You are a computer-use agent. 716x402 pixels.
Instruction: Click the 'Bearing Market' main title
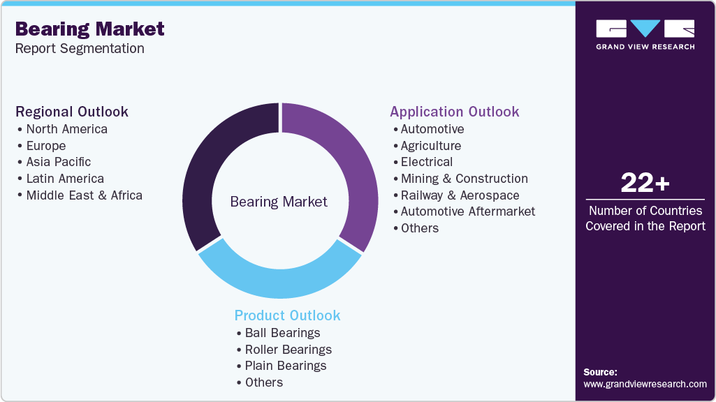(90, 29)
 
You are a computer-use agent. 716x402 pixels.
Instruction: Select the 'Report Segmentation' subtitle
(80, 49)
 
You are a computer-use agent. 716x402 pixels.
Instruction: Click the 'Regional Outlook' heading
(72, 112)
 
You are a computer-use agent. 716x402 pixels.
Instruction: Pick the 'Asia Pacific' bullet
(59, 162)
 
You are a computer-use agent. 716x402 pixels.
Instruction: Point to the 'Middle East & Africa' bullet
(84, 195)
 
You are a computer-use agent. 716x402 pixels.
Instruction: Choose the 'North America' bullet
(66, 129)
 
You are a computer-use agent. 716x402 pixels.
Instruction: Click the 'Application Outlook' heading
(454, 112)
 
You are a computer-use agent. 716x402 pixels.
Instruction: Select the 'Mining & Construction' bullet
(464, 179)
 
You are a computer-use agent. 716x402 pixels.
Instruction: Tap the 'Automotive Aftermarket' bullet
(467, 211)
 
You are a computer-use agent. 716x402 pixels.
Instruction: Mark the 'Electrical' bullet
(426, 162)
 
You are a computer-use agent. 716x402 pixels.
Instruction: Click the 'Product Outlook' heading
(287, 315)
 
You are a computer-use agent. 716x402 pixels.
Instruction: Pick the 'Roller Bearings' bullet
(288, 349)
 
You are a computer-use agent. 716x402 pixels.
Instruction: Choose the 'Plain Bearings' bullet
(285, 366)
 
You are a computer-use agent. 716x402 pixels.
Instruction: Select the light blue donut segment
(279, 276)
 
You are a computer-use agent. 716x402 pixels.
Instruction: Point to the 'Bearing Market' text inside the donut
(279, 202)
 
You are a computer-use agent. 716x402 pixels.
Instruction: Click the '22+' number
(645, 184)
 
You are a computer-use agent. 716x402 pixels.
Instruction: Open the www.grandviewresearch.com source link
(645, 384)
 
